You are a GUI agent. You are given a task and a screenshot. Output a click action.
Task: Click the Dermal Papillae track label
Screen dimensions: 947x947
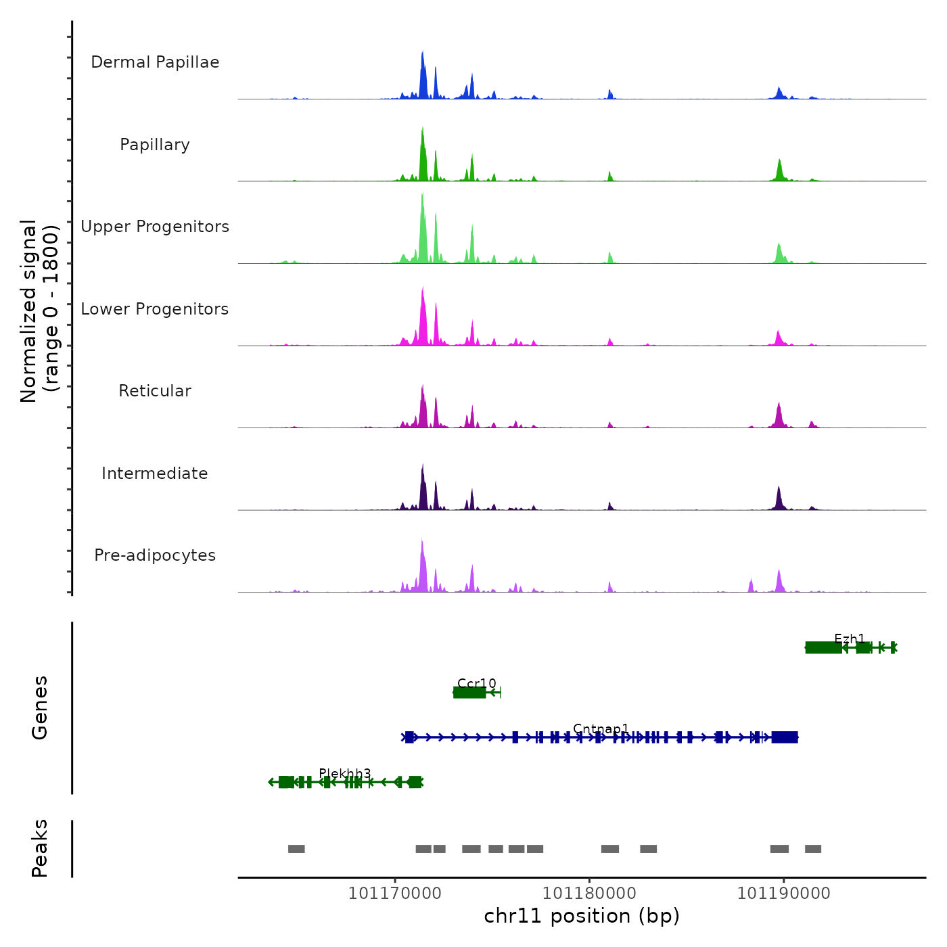155,62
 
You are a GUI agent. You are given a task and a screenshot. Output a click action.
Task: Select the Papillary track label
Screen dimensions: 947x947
155,145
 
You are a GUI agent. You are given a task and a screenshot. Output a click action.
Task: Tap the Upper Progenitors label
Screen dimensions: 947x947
155,227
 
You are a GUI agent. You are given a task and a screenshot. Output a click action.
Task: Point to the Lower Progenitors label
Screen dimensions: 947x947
155,309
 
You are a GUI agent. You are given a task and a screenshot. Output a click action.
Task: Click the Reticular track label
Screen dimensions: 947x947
155,391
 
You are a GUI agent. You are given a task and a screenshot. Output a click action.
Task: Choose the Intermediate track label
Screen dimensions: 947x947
155,473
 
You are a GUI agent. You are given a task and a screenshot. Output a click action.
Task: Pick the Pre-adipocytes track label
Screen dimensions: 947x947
155,555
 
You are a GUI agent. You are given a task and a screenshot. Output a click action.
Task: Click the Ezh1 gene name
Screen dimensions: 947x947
850,639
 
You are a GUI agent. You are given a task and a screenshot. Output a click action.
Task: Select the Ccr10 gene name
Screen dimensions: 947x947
477,683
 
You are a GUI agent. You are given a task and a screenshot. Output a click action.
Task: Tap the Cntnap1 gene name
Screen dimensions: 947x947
601,729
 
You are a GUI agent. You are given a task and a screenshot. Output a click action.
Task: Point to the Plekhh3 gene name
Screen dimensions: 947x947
345,773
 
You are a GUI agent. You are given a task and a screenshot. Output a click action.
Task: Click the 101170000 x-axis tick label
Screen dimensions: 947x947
395,894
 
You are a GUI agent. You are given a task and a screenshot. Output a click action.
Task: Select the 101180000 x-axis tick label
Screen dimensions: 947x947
590,894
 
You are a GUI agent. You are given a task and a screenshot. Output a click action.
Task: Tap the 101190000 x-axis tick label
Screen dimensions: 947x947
784,894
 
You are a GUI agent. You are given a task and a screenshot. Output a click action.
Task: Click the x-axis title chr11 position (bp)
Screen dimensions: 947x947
582,916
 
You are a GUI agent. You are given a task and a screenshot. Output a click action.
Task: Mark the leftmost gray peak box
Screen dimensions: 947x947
296,849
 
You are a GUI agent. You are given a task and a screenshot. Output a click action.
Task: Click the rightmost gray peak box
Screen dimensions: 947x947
813,849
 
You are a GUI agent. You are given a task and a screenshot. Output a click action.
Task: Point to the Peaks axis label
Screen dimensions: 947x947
40,848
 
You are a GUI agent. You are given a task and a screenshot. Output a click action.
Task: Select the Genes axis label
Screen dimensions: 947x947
40,708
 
